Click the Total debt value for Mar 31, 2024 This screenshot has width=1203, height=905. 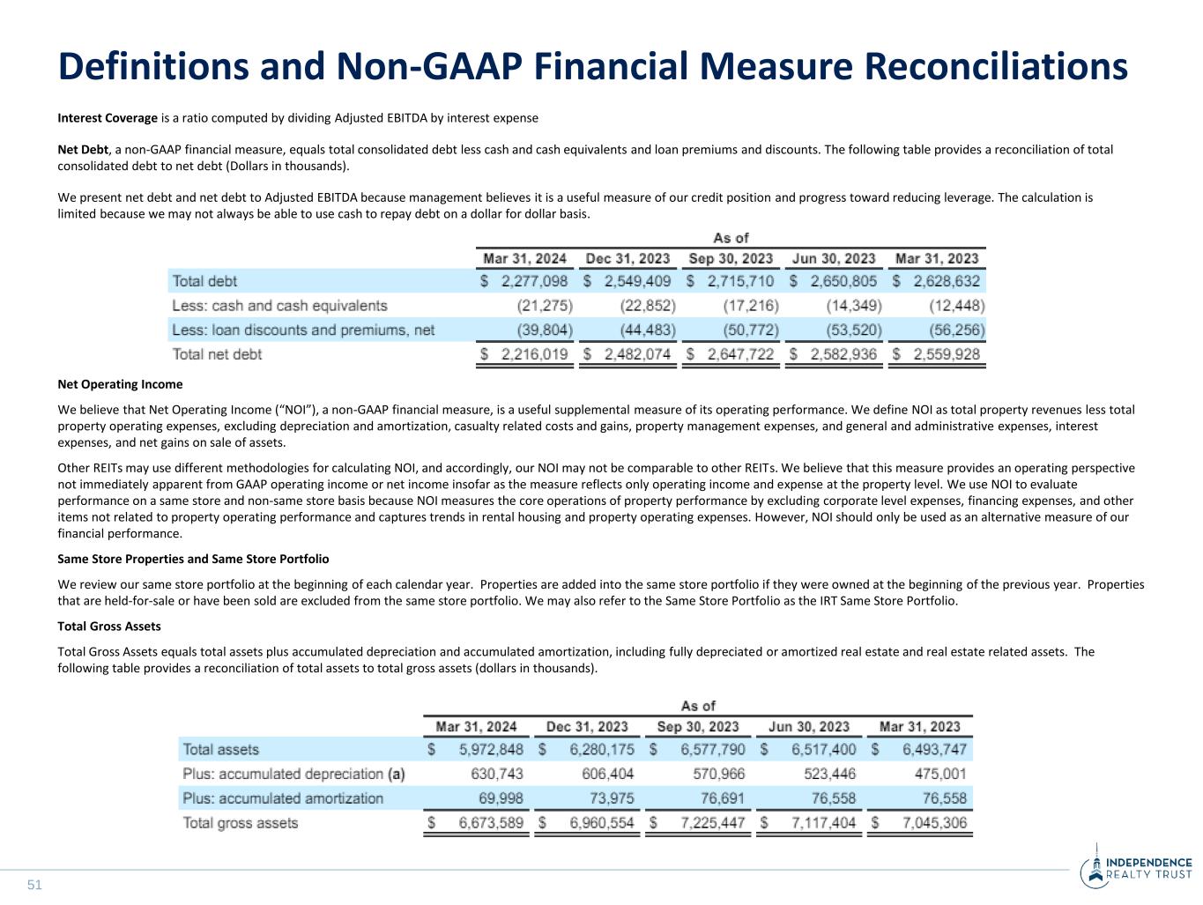pos(534,281)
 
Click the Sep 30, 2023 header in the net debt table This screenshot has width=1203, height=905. pos(731,258)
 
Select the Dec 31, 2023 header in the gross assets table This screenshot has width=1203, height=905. pos(587,726)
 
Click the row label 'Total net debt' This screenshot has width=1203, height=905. pos(217,354)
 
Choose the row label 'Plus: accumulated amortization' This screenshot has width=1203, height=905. pos(283,798)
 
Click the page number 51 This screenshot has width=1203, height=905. pos(34,885)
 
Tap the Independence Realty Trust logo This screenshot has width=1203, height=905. pos(1136,868)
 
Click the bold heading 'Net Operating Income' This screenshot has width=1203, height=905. pos(120,384)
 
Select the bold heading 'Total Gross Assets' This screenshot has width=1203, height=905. pos(109,627)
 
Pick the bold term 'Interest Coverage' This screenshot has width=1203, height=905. pos(108,118)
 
